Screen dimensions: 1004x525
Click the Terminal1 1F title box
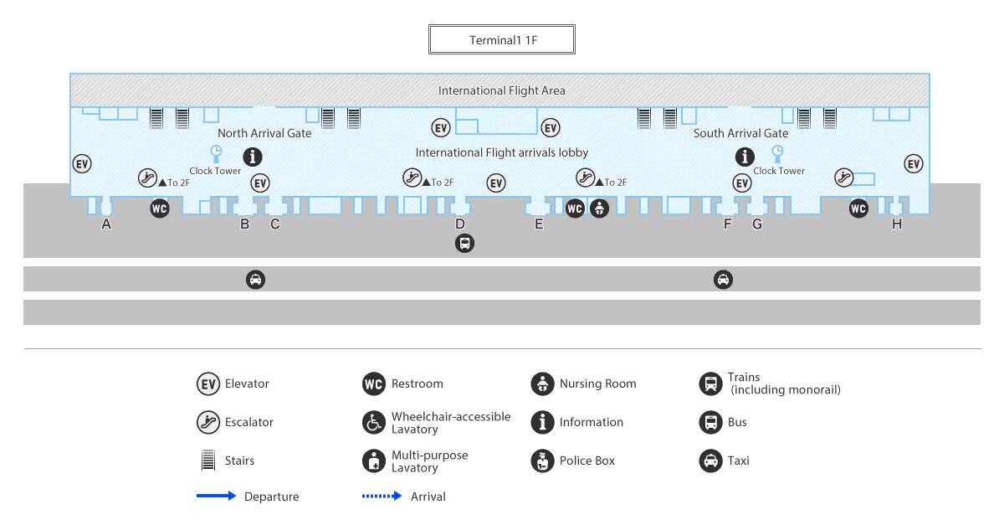tap(501, 39)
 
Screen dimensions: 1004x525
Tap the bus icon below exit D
tap(464, 244)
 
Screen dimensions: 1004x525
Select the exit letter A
tap(105, 224)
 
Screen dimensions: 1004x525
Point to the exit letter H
tap(896, 224)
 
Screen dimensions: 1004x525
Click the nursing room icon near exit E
tap(599, 208)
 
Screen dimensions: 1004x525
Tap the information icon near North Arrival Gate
tap(253, 157)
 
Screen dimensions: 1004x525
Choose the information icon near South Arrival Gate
tap(745, 157)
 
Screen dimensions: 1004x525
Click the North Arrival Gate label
tap(264, 133)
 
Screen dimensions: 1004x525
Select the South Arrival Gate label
tap(741, 133)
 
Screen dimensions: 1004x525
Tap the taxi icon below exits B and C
tap(255, 280)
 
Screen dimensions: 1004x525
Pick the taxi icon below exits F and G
tap(723, 280)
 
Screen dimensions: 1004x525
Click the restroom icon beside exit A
tap(160, 208)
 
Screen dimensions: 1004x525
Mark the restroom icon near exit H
tap(858, 208)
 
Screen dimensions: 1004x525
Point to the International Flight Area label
tap(501, 90)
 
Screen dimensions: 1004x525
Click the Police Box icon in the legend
tap(542, 461)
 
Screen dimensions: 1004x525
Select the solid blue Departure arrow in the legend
tap(216, 496)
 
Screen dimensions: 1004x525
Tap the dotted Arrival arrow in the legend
tap(382, 496)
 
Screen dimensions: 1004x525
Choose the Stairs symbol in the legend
tap(208, 460)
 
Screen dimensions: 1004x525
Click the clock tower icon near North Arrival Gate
tap(216, 154)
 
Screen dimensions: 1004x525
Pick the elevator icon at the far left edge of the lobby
tap(82, 164)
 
